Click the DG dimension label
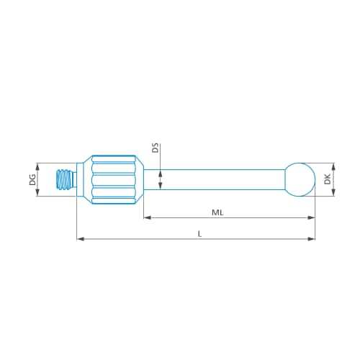point(33,179)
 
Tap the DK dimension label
point(328,179)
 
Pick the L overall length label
point(199,233)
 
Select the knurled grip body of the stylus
point(112,179)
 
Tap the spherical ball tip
point(300,179)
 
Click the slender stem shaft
point(216,179)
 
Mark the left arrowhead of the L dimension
point(79,238)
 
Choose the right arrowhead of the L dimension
point(312,238)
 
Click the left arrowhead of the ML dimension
point(147,217)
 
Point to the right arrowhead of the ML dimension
point(312,217)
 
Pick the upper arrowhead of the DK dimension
point(333,164)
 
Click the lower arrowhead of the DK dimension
point(333,194)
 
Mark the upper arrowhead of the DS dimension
point(161,166)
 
